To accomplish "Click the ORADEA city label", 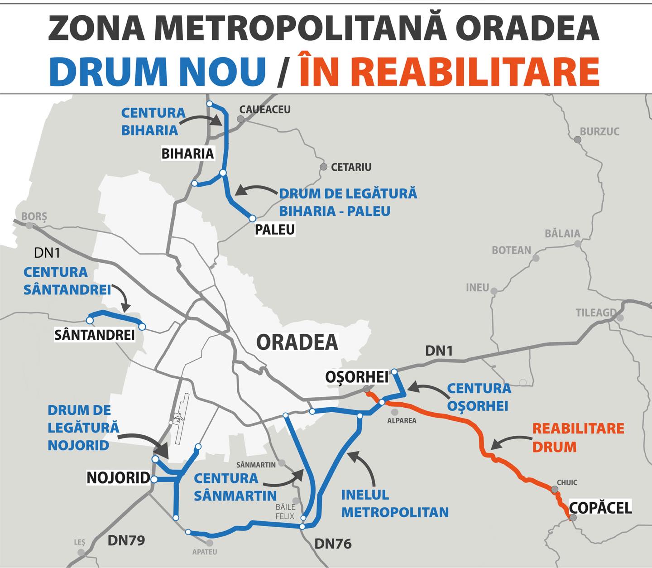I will click(x=297, y=342).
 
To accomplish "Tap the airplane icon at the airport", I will click(x=179, y=418).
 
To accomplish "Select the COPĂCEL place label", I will click(x=600, y=508).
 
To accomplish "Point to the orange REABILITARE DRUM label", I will click(x=578, y=438).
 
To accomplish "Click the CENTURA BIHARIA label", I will click(x=153, y=121).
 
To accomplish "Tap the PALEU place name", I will click(x=274, y=229).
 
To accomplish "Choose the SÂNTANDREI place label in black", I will click(x=94, y=335).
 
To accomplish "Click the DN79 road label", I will click(x=126, y=540).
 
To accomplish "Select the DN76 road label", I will click(x=333, y=544).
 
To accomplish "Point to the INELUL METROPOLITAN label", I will click(x=394, y=503).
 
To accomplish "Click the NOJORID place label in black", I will click(x=118, y=477).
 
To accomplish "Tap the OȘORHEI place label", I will click(x=357, y=376).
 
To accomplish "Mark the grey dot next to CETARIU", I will click(x=323, y=167).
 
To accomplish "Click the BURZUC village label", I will click(x=599, y=131).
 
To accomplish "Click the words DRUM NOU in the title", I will click(x=157, y=71).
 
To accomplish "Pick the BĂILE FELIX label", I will click(x=285, y=511).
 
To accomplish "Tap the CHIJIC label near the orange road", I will click(x=567, y=483).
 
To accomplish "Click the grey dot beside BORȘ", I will click(x=30, y=225).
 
